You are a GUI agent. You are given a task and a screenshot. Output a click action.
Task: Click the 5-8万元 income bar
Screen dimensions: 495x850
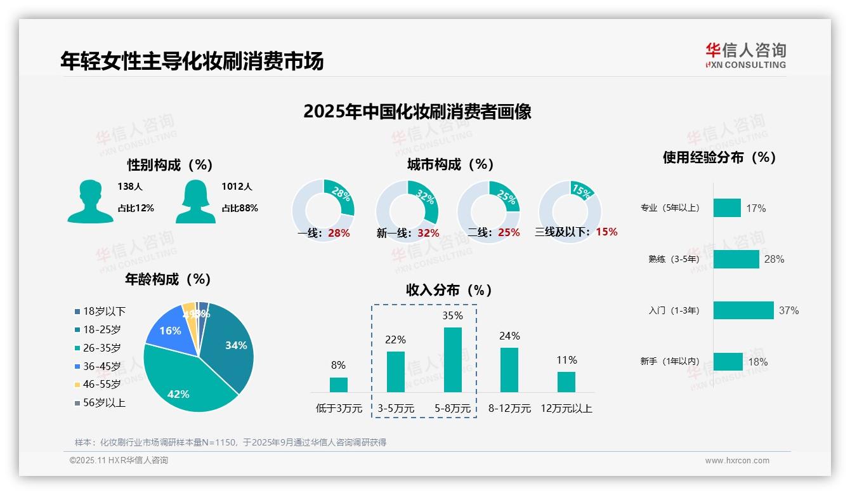[x=452, y=360]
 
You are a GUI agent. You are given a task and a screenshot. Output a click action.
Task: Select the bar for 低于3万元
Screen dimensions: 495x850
[x=339, y=385]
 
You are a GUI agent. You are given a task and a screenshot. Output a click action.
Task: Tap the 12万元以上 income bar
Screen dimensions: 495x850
[x=566, y=382]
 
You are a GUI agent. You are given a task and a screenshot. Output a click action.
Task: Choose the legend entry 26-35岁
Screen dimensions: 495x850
[x=101, y=348]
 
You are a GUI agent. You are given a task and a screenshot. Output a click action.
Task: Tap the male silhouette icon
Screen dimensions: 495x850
[x=90, y=201]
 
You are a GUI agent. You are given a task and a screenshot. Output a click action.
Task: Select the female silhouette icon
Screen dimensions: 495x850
[x=195, y=201]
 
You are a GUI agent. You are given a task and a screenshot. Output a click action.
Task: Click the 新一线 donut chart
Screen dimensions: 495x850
[x=407, y=211]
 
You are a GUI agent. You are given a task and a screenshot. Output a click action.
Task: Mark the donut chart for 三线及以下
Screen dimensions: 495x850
[x=569, y=211]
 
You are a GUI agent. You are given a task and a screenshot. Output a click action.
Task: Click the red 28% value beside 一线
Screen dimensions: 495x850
[x=339, y=233]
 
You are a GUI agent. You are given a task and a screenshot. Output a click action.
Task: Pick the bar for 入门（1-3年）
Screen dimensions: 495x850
[x=743, y=310]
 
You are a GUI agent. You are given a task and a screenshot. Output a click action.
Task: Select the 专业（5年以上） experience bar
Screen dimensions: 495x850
[x=727, y=208]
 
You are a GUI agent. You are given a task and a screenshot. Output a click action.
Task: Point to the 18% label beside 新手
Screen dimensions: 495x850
[x=757, y=362]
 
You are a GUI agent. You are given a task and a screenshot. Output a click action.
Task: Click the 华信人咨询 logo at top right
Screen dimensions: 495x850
[x=746, y=55]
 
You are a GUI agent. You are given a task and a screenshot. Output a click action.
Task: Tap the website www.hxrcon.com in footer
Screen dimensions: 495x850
[x=737, y=461]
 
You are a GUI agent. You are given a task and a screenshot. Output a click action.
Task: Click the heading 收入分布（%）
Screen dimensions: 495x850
[x=449, y=290]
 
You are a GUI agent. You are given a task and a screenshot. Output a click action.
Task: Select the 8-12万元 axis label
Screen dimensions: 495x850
[x=509, y=408]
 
